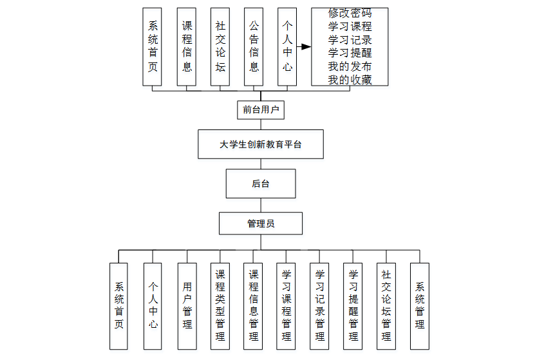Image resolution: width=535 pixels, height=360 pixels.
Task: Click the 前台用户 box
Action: tap(261, 109)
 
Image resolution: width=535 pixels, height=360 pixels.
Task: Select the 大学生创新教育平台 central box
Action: tap(261, 144)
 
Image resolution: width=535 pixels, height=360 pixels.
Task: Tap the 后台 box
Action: tap(261, 184)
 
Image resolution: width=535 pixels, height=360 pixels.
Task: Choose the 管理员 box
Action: tap(261, 223)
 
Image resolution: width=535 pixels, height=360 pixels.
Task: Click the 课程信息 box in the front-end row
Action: tap(187, 46)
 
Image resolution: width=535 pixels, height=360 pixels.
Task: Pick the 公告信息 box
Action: tap(254, 46)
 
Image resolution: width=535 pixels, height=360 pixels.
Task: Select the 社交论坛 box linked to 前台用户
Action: tap(220, 46)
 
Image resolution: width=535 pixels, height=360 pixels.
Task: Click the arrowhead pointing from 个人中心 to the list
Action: tap(306, 46)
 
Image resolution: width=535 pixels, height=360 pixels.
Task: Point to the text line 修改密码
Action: tap(350, 13)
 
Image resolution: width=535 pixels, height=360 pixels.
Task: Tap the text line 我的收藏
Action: tap(350, 80)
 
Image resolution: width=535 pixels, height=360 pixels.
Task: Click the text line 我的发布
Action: tap(350, 66)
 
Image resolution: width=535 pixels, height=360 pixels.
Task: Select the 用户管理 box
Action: tap(187, 305)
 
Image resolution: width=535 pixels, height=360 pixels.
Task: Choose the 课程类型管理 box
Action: tap(220, 305)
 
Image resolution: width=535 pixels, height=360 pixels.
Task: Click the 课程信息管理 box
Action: tap(254, 305)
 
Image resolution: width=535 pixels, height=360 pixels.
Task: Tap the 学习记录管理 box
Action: tap(320, 305)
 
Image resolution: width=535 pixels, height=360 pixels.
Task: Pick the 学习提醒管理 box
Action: tap(353, 305)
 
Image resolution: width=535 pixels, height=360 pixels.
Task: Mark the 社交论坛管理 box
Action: tap(386, 305)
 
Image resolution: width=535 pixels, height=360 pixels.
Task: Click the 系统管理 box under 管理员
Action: tap(420, 305)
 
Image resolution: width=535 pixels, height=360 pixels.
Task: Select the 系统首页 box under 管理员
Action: tap(119, 305)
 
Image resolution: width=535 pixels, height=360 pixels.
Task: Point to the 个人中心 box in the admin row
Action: tap(153, 305)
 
